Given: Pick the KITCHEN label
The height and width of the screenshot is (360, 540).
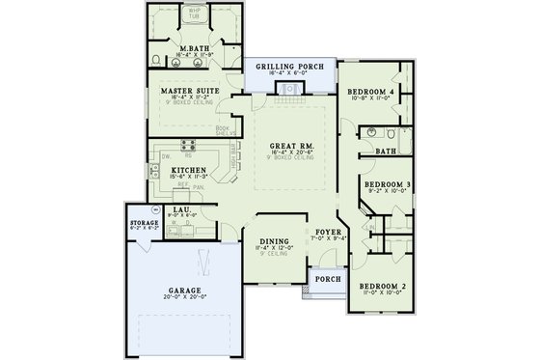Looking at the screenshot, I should tap(164, 168).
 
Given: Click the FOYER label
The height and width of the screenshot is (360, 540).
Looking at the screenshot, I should tap(326, 233).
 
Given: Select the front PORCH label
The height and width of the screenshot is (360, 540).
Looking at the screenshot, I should tap(328, 279).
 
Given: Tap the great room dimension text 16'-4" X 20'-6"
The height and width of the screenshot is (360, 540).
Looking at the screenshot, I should tap(289, 154).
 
